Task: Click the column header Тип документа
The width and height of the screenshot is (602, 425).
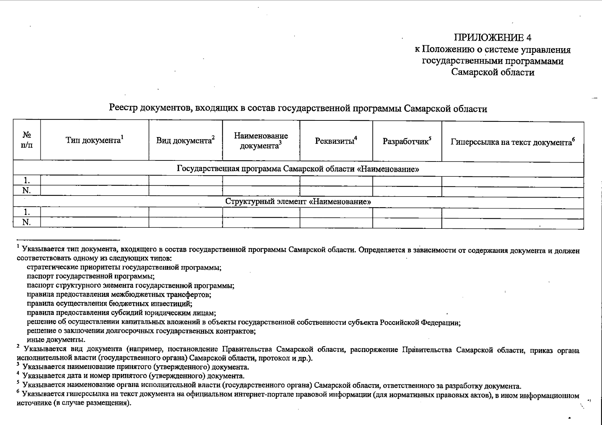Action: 94,140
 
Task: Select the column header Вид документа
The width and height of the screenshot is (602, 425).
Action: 185,140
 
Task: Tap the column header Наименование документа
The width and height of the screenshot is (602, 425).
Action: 261,141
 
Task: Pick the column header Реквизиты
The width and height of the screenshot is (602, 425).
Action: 336,141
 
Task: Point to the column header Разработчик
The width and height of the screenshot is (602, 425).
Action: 406,141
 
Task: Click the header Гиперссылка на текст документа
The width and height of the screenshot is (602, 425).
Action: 512,142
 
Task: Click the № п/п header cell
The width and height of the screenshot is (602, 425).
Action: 27,140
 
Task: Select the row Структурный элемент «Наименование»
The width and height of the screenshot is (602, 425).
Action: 298,202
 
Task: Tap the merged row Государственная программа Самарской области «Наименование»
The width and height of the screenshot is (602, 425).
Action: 298,169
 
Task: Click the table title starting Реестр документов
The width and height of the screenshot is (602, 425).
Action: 298,108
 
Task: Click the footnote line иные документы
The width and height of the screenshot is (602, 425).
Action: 56,340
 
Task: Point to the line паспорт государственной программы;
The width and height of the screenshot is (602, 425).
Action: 91,276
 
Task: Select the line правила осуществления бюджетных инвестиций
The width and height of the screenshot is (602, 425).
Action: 109,304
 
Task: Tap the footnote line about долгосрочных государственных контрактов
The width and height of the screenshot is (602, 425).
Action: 141,331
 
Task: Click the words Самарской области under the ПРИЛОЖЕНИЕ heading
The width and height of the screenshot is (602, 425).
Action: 493,73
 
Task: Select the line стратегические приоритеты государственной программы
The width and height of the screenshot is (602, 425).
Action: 124,267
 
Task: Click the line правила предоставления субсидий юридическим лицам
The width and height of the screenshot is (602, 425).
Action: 122,313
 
